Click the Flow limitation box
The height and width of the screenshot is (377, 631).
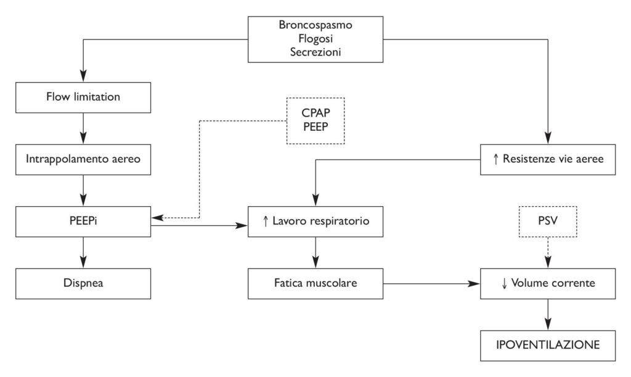(83, 97)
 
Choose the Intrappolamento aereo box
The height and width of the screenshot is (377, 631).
(83, 159)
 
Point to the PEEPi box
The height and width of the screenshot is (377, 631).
(83, 220)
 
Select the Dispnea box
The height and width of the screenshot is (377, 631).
(83, 283)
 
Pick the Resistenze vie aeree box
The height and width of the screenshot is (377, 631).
(547, 159)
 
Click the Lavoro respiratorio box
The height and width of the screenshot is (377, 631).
(315, 220)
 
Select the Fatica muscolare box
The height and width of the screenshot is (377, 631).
(315, 283)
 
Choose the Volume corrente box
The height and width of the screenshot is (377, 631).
(547, 283)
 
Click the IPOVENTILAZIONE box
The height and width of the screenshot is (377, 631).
(547, 346)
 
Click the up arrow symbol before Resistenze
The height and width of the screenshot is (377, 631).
(497, 159)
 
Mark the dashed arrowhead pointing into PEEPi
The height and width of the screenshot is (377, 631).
(157, 217)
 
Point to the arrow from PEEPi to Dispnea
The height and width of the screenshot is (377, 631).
(83, 251)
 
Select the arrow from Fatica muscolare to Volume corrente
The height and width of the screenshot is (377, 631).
(431, 284)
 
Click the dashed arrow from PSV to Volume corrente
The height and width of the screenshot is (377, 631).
(548, 252)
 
